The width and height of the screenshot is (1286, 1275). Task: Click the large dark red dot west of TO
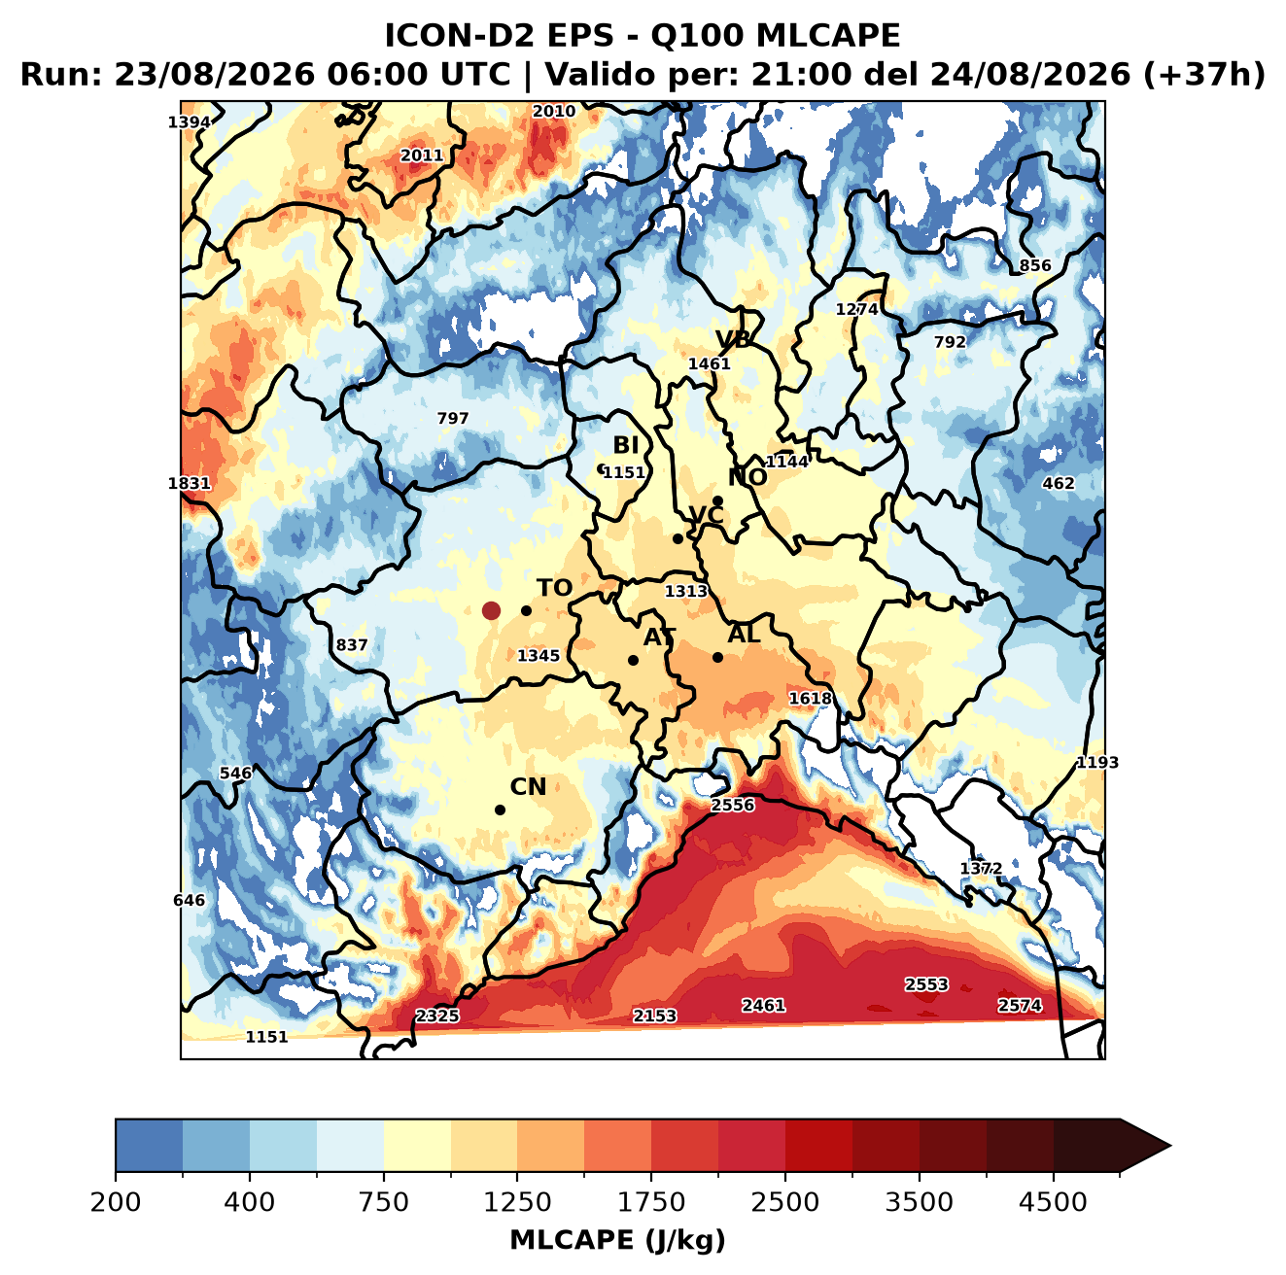[491, 610]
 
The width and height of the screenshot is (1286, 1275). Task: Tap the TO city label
[554, 588]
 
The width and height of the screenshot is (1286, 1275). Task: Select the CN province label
[527, 786]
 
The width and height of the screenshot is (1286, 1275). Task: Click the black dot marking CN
[500, 810]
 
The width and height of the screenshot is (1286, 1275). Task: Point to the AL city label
[744, 634]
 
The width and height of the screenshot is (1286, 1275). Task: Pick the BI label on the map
[625, 445]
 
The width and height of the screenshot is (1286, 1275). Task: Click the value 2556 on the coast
[732, 805]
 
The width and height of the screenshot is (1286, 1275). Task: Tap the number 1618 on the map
[810, 698]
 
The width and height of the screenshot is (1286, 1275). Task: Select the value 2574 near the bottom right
[1019, 1005]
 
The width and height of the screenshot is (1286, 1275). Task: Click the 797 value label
[452, 418]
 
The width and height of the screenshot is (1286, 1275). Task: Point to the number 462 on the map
[1059, 483]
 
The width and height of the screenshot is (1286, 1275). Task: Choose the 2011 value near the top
[421, 155]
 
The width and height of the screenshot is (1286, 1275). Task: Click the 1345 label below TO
[538, 655]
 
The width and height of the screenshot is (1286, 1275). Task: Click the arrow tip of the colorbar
[1170, 1165]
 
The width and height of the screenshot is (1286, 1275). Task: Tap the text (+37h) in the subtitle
[1203, 75]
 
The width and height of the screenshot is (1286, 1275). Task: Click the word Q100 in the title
[697, 36]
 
